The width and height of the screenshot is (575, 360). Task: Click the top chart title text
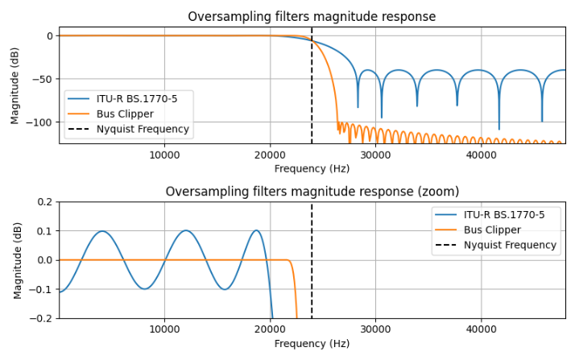(312, 17)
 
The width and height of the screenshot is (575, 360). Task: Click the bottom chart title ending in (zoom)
(312, 192)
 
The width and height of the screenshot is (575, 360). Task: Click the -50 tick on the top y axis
(43, 79)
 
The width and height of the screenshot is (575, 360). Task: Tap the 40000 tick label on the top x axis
(481, 155)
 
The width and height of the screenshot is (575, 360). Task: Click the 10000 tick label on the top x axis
(164, 155)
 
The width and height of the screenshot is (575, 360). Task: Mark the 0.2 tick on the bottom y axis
(44, 202)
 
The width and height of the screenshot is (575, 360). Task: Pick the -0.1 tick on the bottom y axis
(42, 289)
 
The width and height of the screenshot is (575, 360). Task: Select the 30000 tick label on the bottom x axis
(375, 329)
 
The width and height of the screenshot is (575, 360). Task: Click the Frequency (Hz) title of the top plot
(312, 168)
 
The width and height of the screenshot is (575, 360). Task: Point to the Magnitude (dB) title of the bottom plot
(18, 260)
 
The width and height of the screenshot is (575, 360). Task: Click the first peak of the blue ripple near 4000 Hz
(102, 231)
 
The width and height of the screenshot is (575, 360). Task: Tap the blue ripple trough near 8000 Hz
(144, 288)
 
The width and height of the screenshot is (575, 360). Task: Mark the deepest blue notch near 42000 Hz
(498, 128)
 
